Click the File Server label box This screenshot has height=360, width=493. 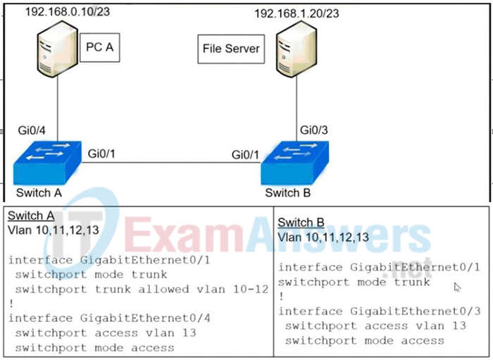[231, 49]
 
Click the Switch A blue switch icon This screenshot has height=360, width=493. [47, 163]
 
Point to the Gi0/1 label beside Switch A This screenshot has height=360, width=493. [102, 153]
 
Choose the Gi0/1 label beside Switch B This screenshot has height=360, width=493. [246, 153]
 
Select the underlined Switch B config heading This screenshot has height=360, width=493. [301, 223]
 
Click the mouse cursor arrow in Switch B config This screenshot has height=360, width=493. [457, 287]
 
